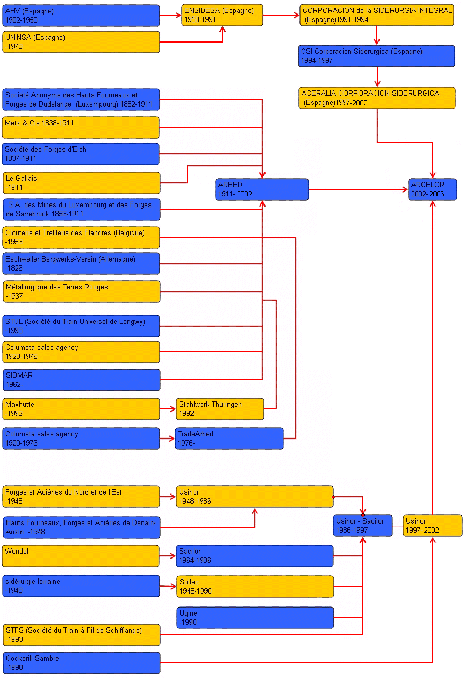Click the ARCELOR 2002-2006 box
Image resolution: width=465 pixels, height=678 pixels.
coord(432,189)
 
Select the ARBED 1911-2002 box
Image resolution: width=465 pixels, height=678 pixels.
coord(262,189)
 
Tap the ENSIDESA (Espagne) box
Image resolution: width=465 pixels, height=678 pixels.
coord(222,15)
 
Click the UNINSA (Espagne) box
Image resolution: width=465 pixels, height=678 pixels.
coord(81,42)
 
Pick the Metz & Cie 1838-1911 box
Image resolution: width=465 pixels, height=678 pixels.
coord(81,128)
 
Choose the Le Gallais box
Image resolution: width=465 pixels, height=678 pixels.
coord(81,183)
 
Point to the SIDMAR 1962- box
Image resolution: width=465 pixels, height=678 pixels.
coord(81,380)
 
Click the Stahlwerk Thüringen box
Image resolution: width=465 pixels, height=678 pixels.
coord(220,409)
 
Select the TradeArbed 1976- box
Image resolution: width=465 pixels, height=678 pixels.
coord(229,439)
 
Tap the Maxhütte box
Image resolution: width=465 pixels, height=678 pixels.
coord(81,409)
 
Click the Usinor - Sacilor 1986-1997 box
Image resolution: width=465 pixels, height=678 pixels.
coord(362,526)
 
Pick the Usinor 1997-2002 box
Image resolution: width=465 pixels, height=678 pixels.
coord(432,526)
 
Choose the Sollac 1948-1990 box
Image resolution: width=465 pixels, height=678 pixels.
coord(255,587)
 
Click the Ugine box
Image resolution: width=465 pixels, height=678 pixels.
coord(255,618)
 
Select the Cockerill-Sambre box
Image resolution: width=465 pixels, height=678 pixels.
coord(81,663)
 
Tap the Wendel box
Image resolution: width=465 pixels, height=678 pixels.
coord(81,556)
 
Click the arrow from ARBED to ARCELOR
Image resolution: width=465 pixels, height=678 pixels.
coord(358,189)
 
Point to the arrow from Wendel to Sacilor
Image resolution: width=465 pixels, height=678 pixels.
coord(168,556)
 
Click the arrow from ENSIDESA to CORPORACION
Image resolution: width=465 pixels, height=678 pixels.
coord(281,15)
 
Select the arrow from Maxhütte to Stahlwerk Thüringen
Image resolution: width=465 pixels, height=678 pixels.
coord(168,409)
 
